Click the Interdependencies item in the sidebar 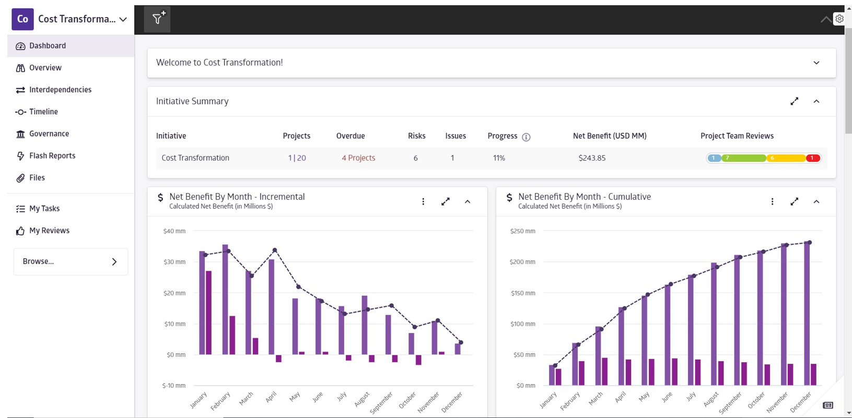click(x=60, y=90)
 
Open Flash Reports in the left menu click(x=52, y=156)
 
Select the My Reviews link click(x=49, y=230)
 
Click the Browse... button click(x=71, y=261)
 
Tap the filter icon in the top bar click(x=157, y=19)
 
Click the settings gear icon click(x=839, y=19)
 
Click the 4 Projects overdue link click(x=358, y=158)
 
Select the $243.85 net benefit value click(x=592, y=158)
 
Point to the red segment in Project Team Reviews click(x=812, y=158)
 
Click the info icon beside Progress click(x=526, y=137)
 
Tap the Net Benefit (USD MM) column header click(x=610, y=136)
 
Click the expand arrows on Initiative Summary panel click(x=794, y=101)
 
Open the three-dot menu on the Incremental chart click(x=423, y=202)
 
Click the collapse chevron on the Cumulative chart click(x=816, y=202)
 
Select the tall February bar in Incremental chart click(x=225, y=300)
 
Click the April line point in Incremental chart click(x=275, y=250)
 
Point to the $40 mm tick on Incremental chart click(x=174, y=231)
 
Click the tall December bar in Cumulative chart click(x=807, y=313)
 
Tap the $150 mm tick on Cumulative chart click(x=522, y=293)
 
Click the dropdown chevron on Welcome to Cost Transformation click(x=816, y=63)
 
